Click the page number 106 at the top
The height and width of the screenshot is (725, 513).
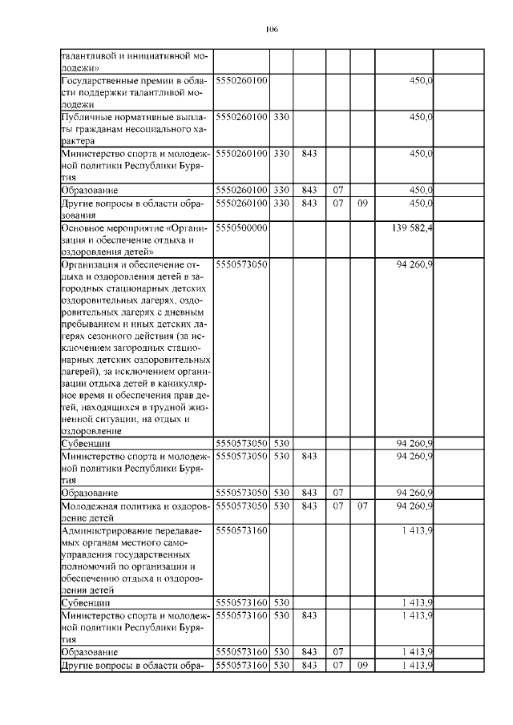click(x=271, y=30)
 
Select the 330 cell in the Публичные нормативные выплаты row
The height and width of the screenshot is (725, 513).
click(x=281, y=118)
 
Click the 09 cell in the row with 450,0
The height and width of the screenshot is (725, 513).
click(x=362, y=203)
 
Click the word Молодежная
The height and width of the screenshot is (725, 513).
click(x=89, y=505)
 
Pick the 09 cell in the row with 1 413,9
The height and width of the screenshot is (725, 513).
click(x=362, y=666)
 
